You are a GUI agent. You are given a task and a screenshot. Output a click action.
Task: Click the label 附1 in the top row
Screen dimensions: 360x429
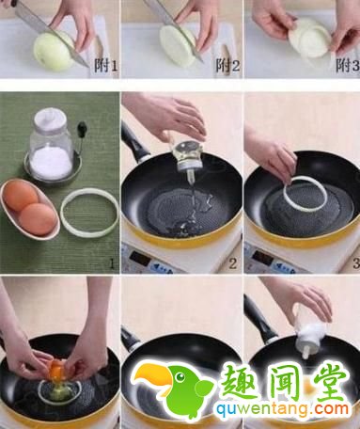[106, 67]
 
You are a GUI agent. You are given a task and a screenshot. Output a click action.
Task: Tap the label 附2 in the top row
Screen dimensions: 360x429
[227, 66]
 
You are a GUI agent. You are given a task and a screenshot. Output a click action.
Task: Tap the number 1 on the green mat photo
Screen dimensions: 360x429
[112, 263]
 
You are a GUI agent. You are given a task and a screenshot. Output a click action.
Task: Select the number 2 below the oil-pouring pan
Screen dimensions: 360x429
[232, 263]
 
